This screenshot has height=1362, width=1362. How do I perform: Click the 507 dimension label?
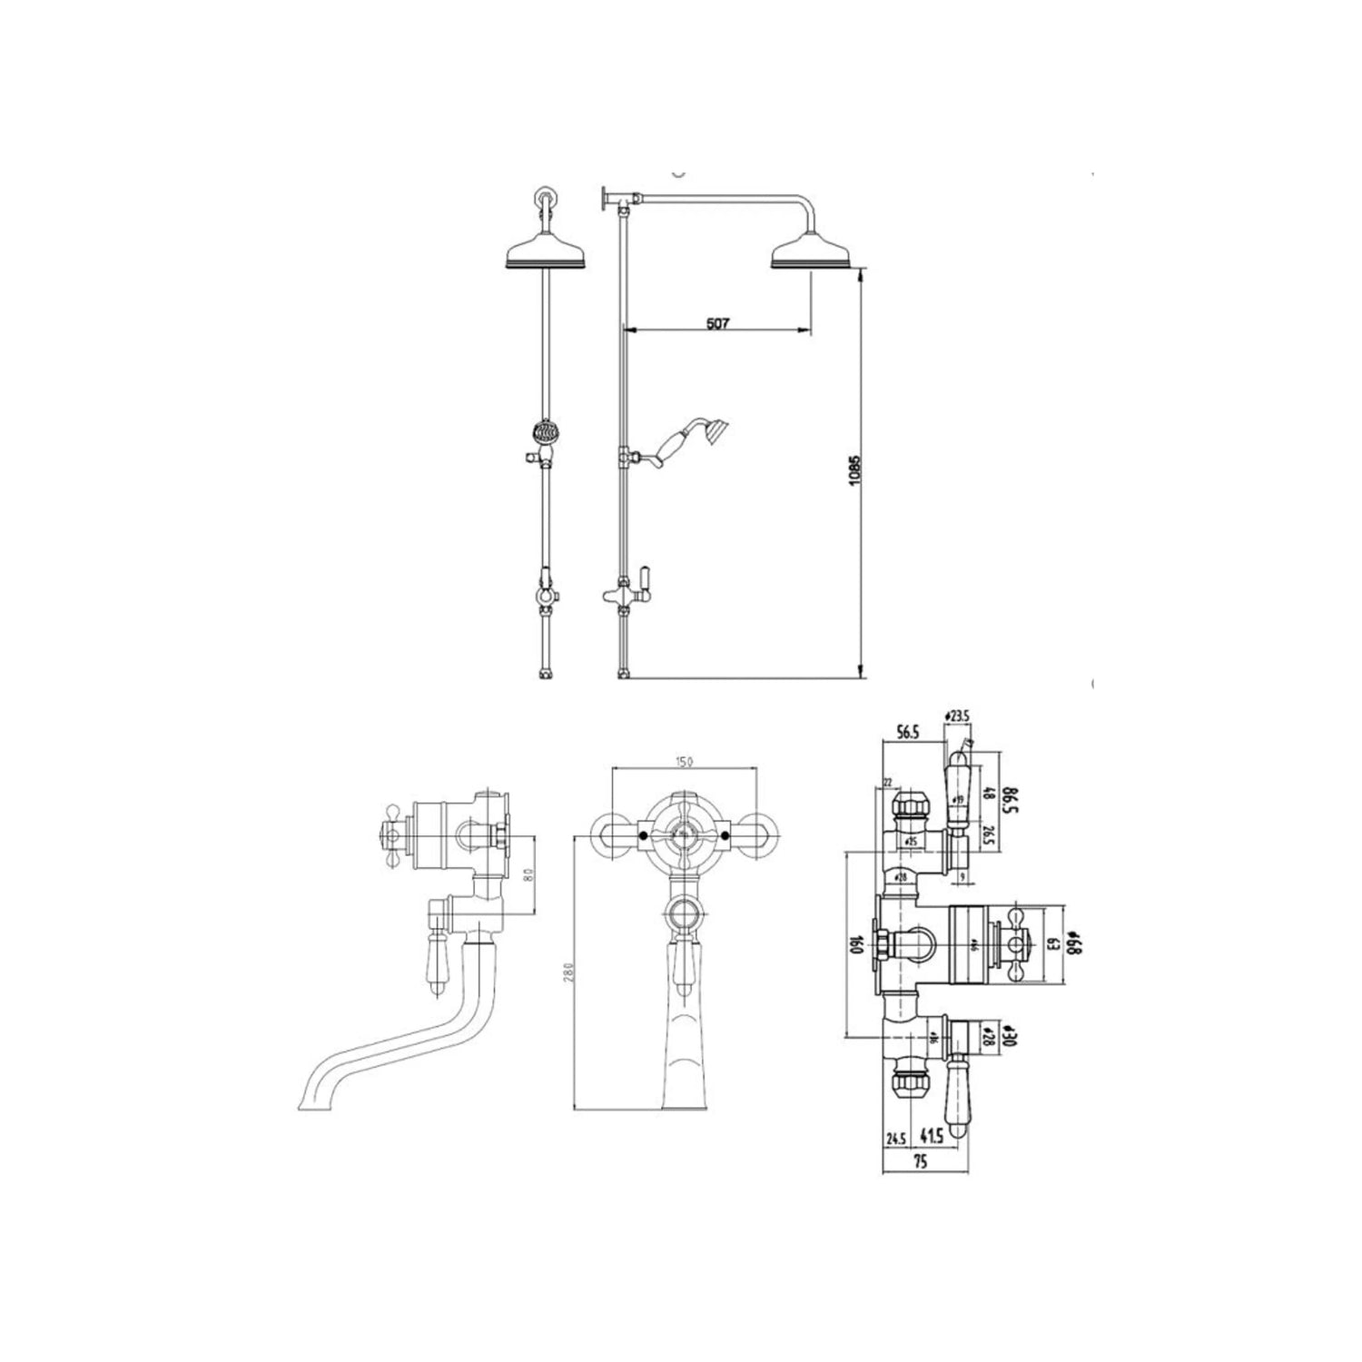click(716, 321)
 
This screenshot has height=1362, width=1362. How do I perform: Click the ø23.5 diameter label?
click(958, 716)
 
